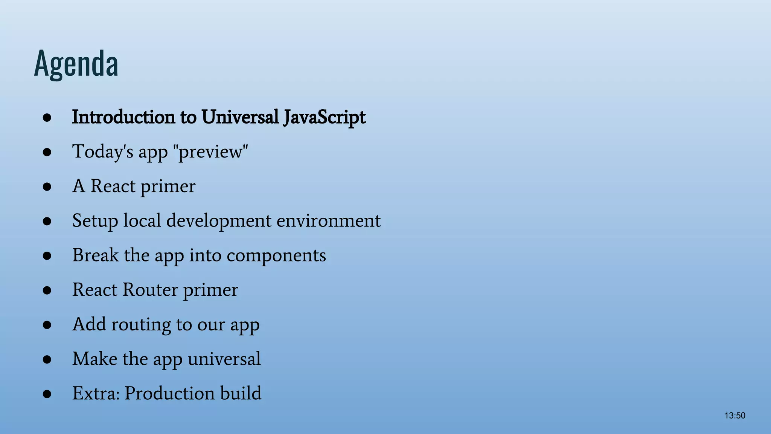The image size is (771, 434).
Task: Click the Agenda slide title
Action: (x=76, y=63)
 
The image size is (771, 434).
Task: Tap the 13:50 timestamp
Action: (x=734, y=416)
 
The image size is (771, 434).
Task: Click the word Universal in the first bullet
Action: (x=240, y=117)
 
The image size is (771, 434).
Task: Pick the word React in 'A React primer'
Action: (x=113, y=186)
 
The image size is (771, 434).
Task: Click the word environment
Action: (x=329, y=221)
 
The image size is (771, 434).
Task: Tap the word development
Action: (x=219, y=221)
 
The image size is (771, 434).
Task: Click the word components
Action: (x=276, y=255)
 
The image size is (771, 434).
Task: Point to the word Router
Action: (x=150, y=290)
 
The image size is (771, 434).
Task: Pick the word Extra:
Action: (x=96, y=393)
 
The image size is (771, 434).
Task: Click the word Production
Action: (x=169, y=393)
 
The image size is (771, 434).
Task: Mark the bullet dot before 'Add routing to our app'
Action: (x=47, y=325)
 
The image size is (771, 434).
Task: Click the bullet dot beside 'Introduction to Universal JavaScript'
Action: (x=47, y=118)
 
